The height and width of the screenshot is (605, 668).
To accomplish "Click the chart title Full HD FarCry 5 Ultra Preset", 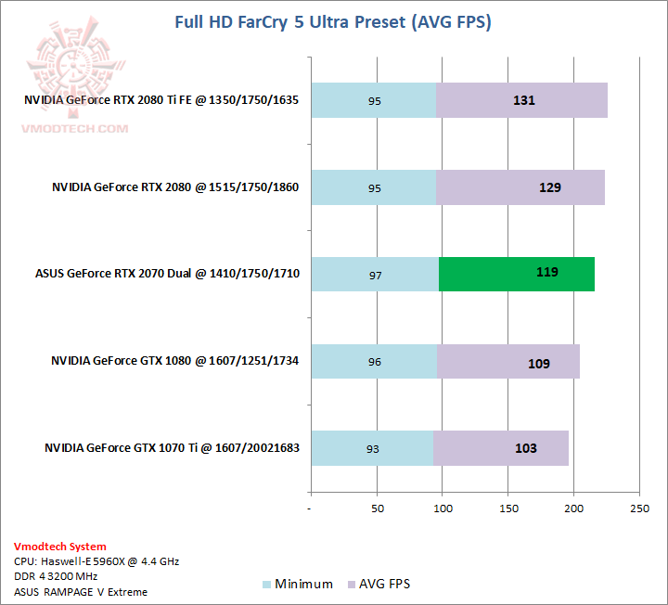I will click(x=333, y=21).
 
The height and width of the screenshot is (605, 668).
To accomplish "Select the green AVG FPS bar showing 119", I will click(x=516, y=274).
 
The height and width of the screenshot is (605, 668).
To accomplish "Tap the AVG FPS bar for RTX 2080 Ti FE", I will click(x=521, y=100).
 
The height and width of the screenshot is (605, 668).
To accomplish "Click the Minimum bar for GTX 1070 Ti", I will click(x=372, y=448).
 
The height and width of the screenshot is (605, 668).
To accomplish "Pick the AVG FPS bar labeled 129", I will click(x=520, y=187).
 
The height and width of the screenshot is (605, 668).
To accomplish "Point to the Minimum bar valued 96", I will click(x=374, y=362).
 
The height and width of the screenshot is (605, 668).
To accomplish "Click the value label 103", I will click(x=526, y=448).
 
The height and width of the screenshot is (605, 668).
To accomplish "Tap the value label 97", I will click(x=375, y=275).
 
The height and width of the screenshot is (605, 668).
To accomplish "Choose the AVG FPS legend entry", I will click(x=379, y=584).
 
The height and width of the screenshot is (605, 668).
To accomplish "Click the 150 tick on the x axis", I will click(x=508, y=508).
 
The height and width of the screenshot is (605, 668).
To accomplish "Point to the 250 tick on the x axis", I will click(x=639, y=508).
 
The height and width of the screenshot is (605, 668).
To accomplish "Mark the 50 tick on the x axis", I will click(x=377, y=508).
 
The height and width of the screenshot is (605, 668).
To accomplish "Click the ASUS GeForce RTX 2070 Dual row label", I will click(x=167, y=274).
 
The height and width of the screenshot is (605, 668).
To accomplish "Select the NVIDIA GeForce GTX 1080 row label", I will click(x=175, y=361).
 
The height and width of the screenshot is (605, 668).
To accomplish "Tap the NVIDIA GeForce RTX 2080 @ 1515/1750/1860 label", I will click(x=175, y=187).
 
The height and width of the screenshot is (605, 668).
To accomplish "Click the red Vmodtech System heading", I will click(x=59, y=547).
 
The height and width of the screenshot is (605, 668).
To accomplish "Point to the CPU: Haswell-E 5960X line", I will click(x=96, y=561).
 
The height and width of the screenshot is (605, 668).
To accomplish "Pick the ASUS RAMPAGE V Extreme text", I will click(x=80, y=591).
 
